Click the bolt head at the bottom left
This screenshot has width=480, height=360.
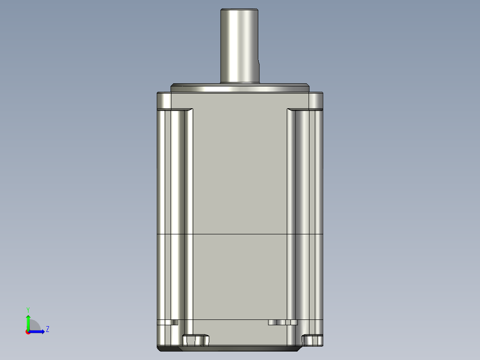(x=195, y=340)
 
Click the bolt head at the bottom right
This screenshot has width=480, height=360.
(x=312, y=340)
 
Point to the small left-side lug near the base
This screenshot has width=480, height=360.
(x=168, y=322)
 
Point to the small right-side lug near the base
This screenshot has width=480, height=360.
(x=283, y=322)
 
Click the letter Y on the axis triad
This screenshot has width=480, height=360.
(x=28, y=309)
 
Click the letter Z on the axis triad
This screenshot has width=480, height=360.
(x=48, y=330)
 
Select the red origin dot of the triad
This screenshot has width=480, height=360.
(x=28, y=331)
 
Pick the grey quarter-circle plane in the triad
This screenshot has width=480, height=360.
(x=34, y=326)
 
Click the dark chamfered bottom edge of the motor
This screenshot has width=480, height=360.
(x=169, y=349)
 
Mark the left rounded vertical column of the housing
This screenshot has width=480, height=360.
(x=177, y=214)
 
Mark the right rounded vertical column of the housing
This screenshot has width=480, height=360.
(x=303, y=214)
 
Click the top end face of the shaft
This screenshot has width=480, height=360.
(x=240, y=9)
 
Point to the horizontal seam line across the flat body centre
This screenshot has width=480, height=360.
(x=240, y=234)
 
